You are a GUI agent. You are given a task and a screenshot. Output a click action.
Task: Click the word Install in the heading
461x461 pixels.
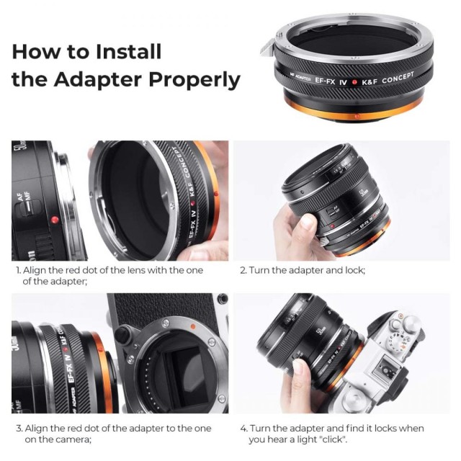128,51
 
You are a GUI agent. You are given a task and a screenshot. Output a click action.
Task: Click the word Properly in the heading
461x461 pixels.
194,80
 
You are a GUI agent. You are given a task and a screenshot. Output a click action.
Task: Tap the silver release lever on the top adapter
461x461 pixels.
267,47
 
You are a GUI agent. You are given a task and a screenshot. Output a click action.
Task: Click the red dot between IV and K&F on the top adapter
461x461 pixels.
354,82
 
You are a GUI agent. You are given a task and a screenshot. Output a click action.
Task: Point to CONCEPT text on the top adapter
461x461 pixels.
398,77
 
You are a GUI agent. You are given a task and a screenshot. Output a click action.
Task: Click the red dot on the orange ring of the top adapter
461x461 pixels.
357,117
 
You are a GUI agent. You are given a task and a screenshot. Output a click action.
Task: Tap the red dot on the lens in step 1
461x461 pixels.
55,220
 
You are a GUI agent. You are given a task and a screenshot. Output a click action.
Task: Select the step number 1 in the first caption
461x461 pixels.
18,270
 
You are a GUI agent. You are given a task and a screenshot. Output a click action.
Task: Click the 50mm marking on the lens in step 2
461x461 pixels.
362,194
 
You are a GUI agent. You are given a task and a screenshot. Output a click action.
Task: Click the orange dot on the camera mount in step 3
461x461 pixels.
193,326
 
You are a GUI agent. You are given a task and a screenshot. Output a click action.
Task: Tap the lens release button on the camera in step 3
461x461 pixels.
122,334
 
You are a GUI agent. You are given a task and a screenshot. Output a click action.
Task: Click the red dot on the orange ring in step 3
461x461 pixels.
101,349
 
